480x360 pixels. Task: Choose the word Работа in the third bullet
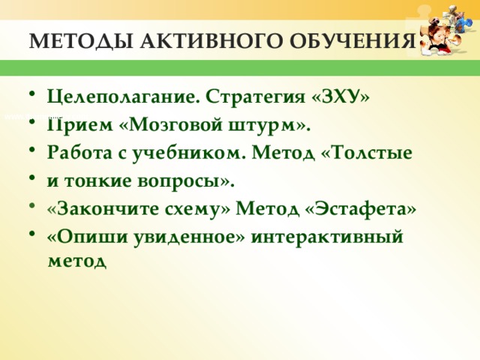[74, 152]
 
